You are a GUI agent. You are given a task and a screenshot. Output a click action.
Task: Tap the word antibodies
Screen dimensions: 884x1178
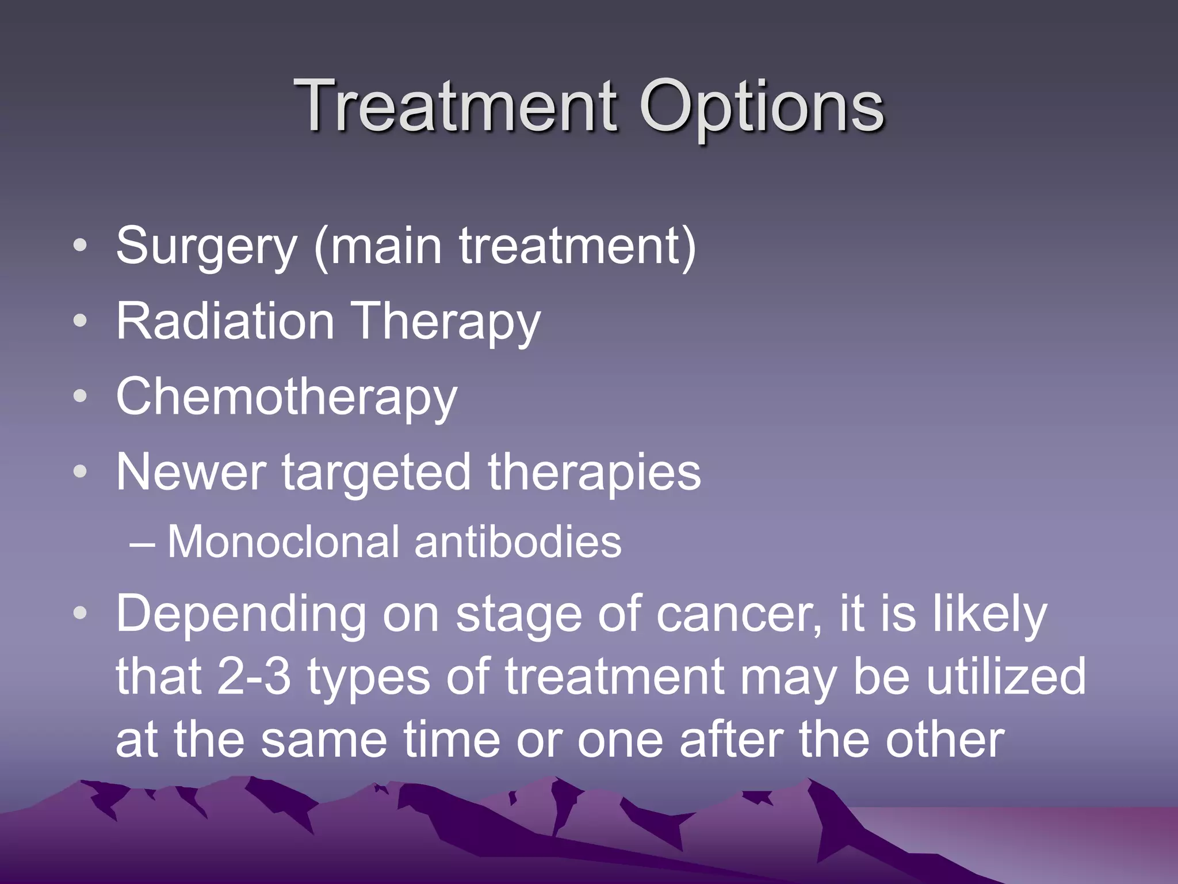tap(518, 542)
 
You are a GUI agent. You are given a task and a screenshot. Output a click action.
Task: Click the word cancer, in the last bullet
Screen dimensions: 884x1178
tap(739, 615)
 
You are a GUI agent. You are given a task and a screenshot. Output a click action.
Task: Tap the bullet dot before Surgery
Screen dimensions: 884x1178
tap(81, 246)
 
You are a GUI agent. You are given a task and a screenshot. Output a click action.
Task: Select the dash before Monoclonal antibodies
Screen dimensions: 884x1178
tap(141, 543)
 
